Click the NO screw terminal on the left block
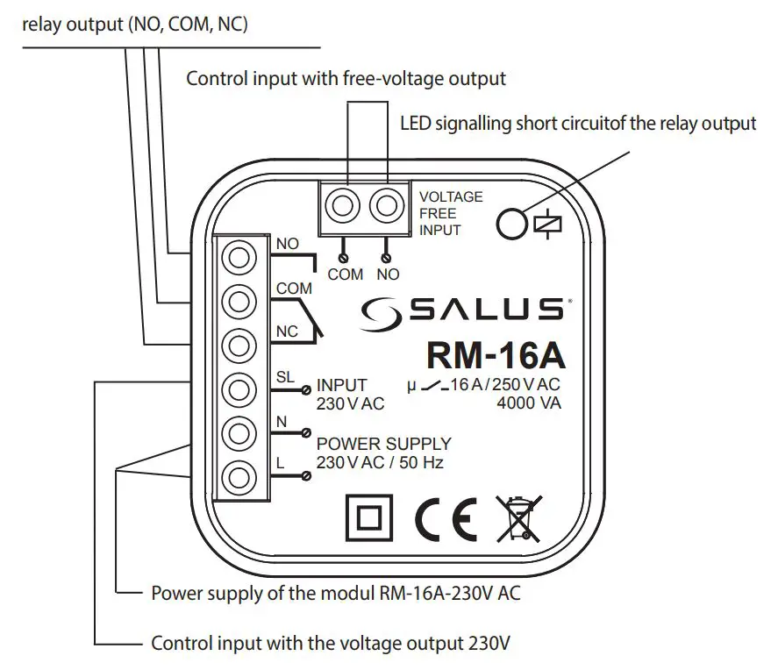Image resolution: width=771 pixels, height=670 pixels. [239, 258]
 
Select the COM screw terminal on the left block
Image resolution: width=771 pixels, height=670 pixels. [239, 301]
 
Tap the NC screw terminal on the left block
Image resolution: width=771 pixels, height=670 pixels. [239, 344]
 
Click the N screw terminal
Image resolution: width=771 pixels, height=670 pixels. [239, 432]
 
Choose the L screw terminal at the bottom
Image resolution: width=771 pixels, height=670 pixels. [239, 477]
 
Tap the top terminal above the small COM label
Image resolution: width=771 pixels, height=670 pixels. [343, 207]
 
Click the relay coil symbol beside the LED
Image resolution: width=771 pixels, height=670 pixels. [541, 225]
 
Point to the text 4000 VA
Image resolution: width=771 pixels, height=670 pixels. [528, 403]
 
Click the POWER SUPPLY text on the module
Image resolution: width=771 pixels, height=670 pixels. [383, 444]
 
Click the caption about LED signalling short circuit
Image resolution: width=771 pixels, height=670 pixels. [577, 123]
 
